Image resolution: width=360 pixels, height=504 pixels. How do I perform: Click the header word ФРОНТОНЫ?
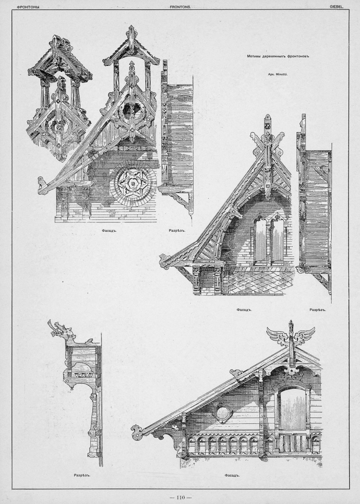(28, 7)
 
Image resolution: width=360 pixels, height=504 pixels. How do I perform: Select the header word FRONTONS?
(180, 7)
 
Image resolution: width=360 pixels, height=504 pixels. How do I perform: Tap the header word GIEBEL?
(337, 7)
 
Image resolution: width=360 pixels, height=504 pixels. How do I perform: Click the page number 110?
(180, 498)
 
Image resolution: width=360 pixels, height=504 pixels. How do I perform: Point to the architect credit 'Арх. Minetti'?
(278, 74)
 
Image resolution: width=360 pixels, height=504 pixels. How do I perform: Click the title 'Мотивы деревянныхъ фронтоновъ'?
(278, 56)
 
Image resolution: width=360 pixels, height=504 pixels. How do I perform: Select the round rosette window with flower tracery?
(133, 184)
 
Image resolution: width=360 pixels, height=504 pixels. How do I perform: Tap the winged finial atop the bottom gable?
(291, 334)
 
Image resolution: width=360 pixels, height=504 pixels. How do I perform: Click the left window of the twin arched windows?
(260, 240)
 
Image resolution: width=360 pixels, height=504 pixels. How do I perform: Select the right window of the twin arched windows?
(278, 240)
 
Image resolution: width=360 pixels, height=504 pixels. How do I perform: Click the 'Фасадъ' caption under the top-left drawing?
(108, 230)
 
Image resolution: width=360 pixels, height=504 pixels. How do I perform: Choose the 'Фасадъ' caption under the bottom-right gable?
(230, 475)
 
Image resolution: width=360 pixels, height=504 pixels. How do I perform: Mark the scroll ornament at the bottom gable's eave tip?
(137, 432)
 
